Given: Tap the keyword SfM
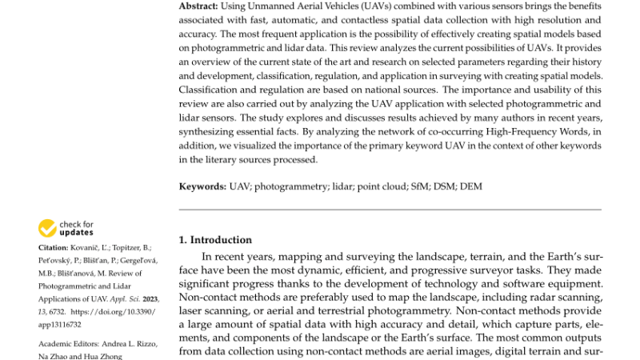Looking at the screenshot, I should point(411,186).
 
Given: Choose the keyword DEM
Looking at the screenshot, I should point(470,186).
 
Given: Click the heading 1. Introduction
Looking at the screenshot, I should point(214,239).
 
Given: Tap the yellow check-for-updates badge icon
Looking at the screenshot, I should point(47,228).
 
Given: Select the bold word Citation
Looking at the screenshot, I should point(54,248).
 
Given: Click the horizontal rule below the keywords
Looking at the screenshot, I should point(390,210).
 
